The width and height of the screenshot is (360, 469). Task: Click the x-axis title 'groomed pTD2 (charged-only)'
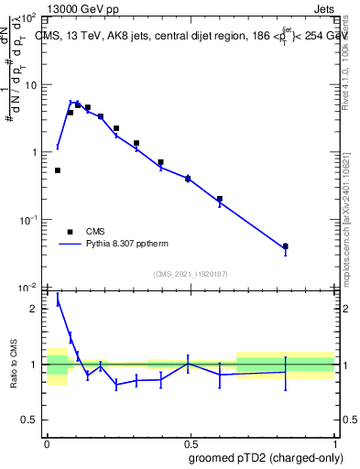272,457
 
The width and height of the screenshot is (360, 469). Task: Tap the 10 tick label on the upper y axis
31,85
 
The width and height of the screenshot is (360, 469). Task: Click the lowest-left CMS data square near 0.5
58,170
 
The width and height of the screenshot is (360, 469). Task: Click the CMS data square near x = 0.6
220,199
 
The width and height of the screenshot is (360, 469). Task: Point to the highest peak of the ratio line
58,297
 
